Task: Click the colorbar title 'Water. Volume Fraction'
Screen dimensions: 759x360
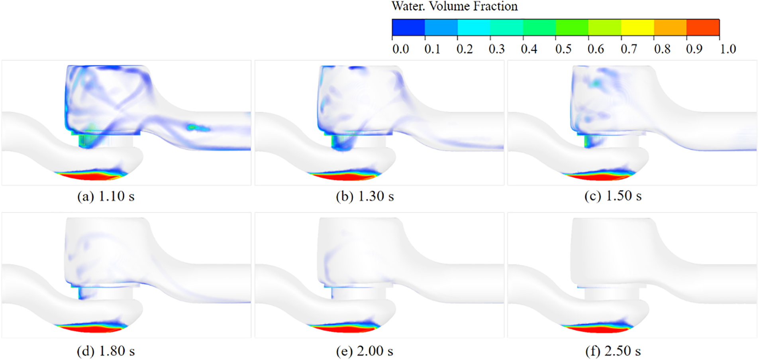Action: pos(455,6)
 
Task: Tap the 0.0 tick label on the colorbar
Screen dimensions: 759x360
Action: pos(400,49)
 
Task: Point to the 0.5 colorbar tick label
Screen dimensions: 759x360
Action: pos(563,49)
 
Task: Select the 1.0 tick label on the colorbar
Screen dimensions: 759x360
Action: pos(728,49)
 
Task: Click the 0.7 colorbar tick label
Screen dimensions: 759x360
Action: pos(629,49)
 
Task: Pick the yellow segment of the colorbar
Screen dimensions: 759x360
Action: pos(637,27)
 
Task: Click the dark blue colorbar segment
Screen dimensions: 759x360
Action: pos(408,27)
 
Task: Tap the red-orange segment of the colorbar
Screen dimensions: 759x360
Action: pos(703,27)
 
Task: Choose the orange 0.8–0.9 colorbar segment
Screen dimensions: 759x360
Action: pos(670,27)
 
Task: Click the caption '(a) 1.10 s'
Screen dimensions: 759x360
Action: pos(106,196)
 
